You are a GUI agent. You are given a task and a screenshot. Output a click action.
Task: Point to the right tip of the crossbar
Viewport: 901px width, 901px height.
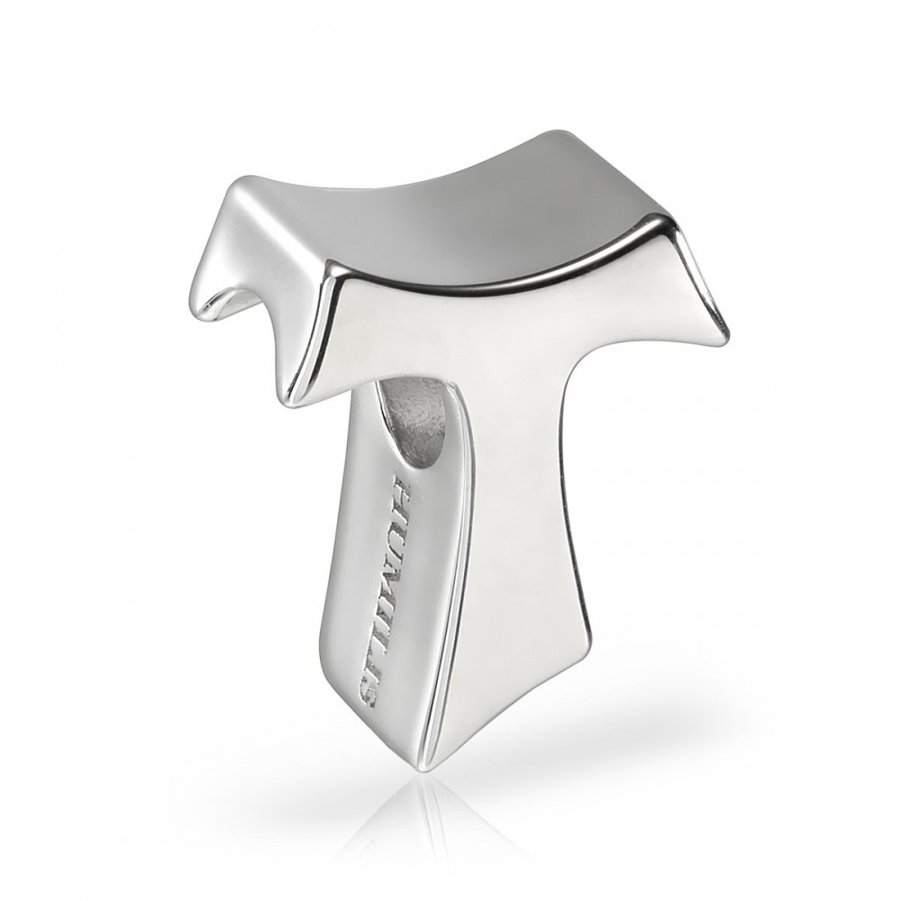(723, 337)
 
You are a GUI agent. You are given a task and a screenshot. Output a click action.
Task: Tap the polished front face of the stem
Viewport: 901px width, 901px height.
(523, 541)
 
